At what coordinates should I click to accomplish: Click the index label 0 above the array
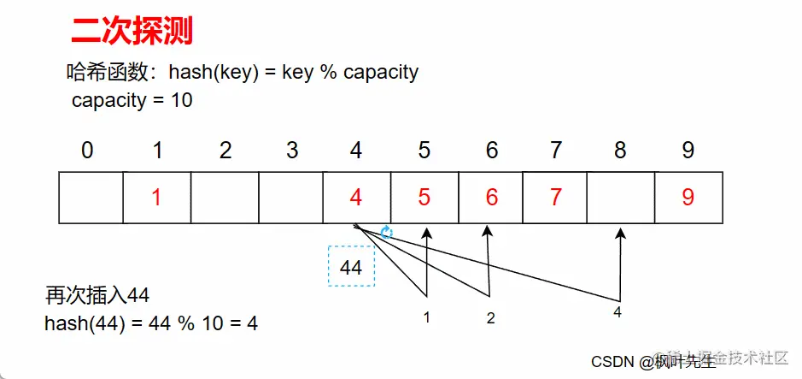tap(87, 151)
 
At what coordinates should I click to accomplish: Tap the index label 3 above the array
tap(292, 151)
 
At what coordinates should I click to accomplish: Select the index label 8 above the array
tap(620, 151)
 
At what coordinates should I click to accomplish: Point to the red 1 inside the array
tap(156, 198)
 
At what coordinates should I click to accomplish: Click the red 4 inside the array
tap(356, 198)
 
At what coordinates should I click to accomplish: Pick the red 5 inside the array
tap(424, 198)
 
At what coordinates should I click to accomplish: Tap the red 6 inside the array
tap(491, 198)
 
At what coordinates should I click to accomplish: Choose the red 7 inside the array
tap(555, 198)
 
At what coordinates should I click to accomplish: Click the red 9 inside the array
tap(688, 198)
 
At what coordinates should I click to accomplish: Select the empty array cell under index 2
tap(224, 198)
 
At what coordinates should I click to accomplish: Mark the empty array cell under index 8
tap(621, 198)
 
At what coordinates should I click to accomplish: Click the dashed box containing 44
tap(351, 267)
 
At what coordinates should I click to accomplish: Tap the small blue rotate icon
tap(386, 232)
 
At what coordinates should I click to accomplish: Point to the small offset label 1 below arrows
tap(425, 318)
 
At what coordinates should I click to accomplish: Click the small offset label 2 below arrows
tap(490, 318)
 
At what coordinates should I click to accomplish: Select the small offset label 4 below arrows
tap(618, 312)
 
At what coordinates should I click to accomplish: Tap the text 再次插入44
tap(97, 296)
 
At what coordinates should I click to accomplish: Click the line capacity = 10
tap(132, 100)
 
